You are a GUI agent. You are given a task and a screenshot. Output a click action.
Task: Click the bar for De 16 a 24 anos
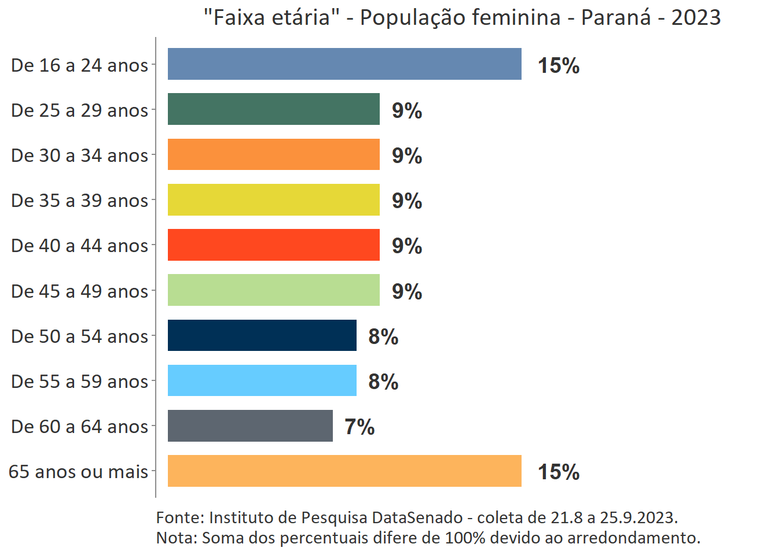344,64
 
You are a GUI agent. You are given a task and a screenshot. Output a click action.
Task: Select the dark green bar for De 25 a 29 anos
274,109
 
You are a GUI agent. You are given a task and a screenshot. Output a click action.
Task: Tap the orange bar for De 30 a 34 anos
274,154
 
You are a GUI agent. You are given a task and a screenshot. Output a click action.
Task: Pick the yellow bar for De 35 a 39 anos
274,199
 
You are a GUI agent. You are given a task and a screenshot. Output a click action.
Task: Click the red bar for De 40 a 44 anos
274,245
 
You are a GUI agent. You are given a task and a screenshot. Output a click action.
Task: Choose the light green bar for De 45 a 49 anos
274,290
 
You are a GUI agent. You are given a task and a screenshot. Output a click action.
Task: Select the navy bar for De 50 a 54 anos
262,335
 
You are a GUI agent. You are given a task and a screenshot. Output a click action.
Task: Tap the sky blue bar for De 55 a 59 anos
262,380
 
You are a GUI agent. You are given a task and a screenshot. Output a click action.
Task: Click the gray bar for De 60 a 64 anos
250,425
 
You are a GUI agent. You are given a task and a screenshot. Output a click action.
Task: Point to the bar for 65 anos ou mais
344,471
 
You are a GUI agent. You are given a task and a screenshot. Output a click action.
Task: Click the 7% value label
359,427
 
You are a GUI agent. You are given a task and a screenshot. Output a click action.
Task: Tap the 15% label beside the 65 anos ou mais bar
559,472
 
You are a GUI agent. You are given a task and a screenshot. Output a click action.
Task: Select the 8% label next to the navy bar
383,336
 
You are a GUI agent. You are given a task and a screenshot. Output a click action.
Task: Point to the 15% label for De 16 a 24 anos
559,65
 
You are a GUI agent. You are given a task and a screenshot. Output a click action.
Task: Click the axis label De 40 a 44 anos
80,246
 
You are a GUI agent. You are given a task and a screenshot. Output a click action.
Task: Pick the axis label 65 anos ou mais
79,472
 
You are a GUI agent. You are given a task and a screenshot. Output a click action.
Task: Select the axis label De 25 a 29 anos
80,110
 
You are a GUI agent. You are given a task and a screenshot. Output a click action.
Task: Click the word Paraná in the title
616,17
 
